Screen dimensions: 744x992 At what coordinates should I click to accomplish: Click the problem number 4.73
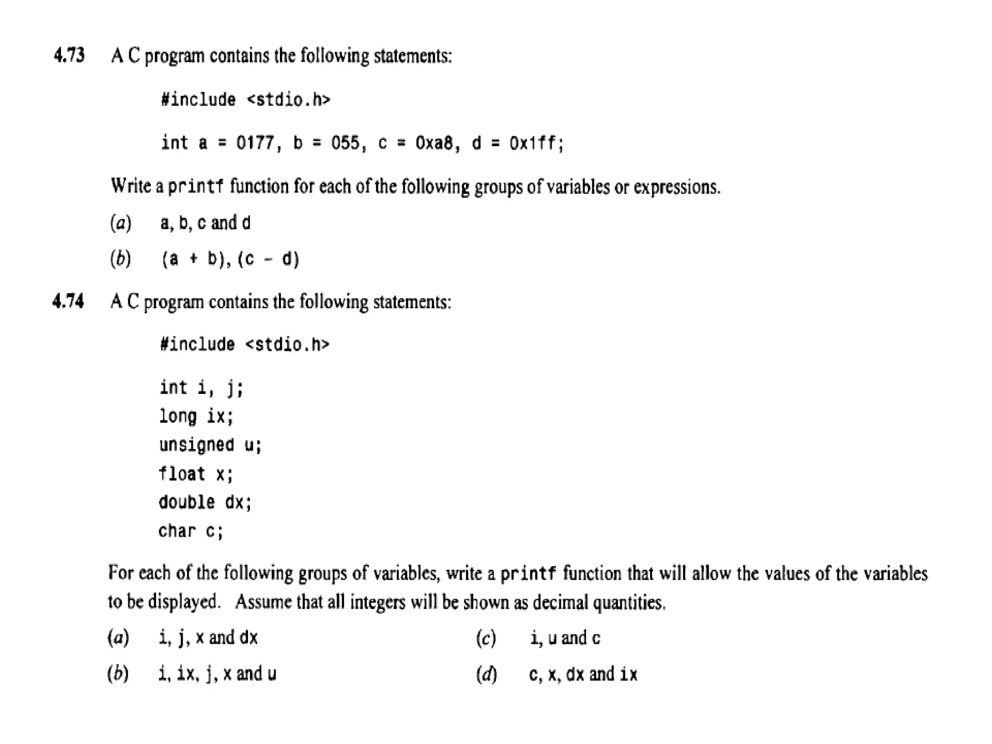[69, 55]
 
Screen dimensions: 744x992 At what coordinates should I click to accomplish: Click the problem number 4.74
[68, 301]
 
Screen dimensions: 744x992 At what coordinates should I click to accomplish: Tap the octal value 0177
[255, 143]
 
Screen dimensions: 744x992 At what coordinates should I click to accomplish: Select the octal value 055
[345, 143]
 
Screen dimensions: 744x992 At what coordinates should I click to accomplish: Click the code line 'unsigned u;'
[210, 445]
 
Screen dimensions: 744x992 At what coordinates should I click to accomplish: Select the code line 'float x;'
[196, 474]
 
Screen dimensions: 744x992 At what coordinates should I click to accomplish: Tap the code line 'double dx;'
[205, 502]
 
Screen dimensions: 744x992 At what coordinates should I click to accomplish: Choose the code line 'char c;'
[191, 531]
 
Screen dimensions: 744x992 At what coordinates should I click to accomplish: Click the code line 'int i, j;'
[201, 388]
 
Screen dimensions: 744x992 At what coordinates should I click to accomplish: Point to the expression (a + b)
[196, 259]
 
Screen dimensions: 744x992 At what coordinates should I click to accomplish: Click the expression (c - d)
[269, 259]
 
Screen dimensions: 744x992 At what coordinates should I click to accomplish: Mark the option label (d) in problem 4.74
[486, 674]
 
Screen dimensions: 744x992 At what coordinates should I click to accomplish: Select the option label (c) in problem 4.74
[486, 638]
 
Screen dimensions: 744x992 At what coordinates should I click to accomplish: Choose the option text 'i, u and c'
[565, 638]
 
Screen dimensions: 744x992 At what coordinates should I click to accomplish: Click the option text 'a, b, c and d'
[205, 223]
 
